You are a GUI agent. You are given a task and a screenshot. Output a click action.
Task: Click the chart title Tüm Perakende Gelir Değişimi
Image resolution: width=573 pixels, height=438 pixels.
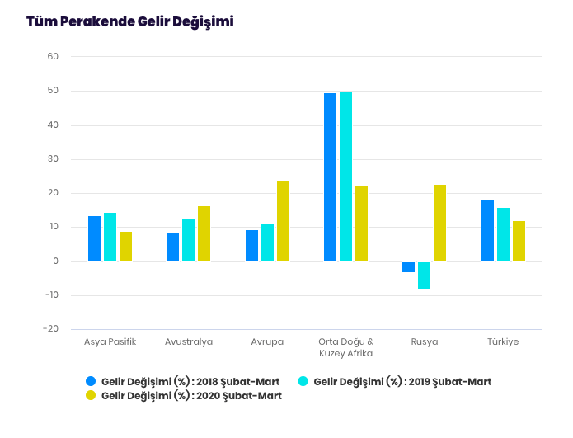pos(129,21)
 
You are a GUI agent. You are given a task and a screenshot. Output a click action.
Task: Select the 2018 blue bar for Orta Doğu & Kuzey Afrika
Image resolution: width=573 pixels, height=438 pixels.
pos(330,177)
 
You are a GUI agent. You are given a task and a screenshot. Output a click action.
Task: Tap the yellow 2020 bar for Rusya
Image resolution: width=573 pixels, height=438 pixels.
pos(439,223)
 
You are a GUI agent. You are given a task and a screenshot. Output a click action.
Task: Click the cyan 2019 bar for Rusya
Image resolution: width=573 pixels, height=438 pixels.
pos(424,275)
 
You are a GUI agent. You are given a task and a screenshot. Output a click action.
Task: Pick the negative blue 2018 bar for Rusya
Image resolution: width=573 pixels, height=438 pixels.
pos(408,266)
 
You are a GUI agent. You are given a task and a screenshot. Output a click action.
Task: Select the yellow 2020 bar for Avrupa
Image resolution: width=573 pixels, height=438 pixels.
pos(283,221)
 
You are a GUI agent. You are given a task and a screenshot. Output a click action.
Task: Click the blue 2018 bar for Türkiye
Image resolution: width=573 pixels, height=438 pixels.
pos(487,231)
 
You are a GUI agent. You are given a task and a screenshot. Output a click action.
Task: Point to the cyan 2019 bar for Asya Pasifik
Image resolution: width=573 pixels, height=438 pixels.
pos(110,237)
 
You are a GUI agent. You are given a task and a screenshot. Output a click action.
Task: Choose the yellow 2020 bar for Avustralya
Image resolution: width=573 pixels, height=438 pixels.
pos(204,233)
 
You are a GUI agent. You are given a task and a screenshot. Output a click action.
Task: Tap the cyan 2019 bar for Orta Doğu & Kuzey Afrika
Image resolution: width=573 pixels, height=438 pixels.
pos(345,177)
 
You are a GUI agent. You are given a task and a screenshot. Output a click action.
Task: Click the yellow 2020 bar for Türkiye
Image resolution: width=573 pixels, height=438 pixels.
pos(519,241)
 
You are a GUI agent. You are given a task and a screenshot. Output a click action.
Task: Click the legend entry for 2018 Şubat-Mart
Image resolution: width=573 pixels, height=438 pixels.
pos(183,381)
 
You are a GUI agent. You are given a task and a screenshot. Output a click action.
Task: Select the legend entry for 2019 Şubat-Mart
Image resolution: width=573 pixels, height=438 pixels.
pos(395,381)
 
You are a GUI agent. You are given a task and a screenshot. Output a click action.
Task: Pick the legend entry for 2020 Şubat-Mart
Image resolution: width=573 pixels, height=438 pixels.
pos(183,396)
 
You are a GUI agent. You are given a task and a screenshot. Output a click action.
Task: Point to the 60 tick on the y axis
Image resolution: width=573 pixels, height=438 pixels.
pos(53,57)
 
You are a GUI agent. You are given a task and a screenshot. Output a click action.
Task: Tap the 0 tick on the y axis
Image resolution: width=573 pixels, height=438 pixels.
pos(55,261)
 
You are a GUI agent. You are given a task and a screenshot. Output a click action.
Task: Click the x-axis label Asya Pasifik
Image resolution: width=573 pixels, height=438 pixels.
pos(110,341)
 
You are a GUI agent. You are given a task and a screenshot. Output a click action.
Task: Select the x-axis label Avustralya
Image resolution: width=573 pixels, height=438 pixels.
pos(189,341)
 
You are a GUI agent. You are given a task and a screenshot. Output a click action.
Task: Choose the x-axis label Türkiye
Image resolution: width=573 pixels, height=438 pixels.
pos(503,341)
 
